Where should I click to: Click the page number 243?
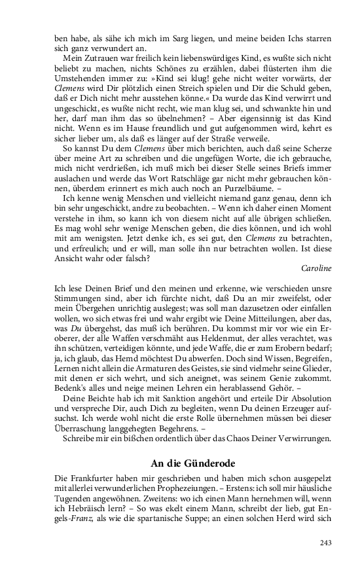(x=326, y=543)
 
